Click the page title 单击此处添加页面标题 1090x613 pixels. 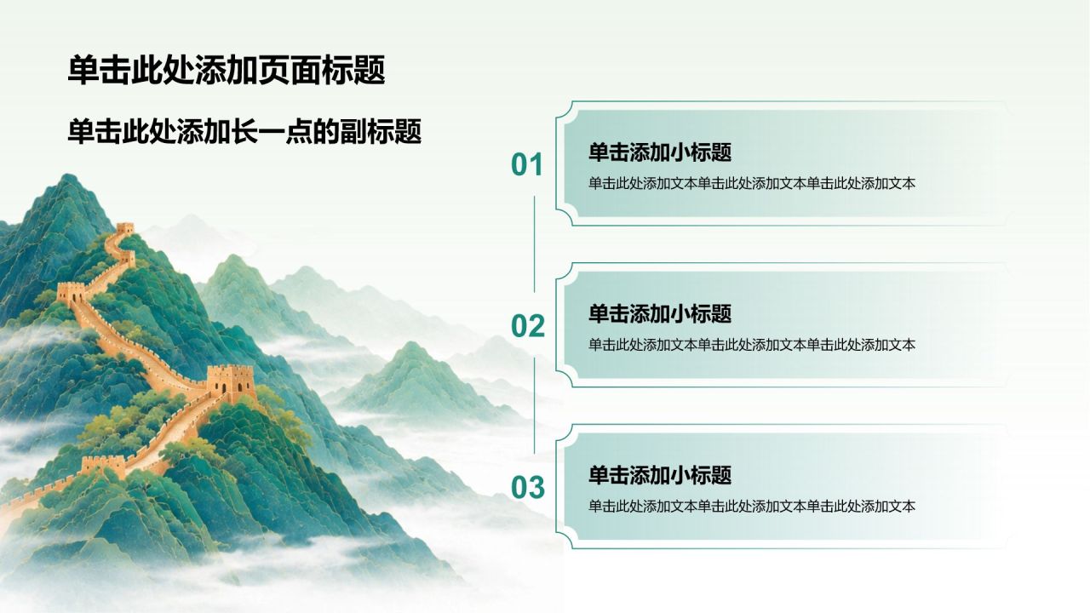pos(227,70)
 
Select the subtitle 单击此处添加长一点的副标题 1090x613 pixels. pos(244,131)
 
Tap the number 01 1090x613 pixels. pos(527,164)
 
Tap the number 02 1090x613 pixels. pos(527,326)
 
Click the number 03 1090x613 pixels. pos(527,488)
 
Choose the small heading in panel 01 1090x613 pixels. pos(660,152)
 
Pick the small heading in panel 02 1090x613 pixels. pos(660,314)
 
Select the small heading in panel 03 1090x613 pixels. pos(660,475)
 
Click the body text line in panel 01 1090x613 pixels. pos(752,183)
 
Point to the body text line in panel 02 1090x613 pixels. pos(752,345)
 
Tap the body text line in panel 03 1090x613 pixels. pos(752,507)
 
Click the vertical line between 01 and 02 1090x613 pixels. pos(534,244)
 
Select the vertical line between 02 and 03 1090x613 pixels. pos(534,406)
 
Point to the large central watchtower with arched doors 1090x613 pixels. pos(230,381)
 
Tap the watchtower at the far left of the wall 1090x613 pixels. pos(71,293)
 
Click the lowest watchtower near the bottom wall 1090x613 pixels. pos(103,465)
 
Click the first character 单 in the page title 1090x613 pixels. pos(83,70)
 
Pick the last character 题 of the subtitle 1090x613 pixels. pos(408,131)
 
